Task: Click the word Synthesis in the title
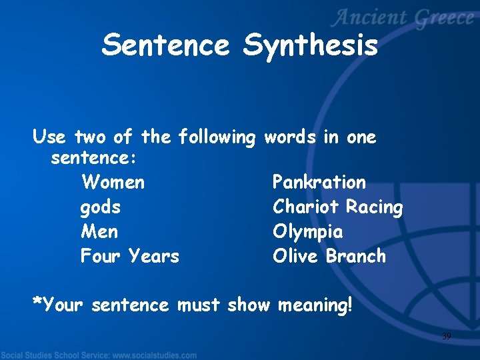(311, 45)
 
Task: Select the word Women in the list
(112, 182)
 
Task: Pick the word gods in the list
(101, 207)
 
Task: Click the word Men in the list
(99, 232)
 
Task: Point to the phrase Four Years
(129, 256)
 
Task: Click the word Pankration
(319, 182)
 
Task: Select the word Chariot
(306, 207)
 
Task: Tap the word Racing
(375, 207)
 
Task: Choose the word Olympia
(308, 232)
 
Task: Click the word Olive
(297, 256)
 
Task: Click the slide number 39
(447, 337)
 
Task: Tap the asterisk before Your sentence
(37, 303)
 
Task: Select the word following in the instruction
(217, 138)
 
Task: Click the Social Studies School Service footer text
(99, 355)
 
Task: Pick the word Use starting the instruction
(49, 138)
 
